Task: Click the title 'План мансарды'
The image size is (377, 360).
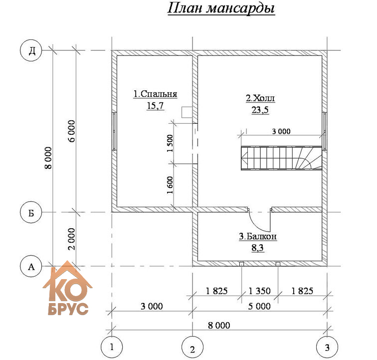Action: pyautogui.click(x=221, y=8)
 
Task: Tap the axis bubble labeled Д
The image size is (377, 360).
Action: pyautogui.click(x=31, y=51)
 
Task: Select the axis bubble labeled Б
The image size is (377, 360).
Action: pyautogui.click(x=31, y=213)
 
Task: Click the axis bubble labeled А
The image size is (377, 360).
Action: pyautogui.click(x=31, y=267)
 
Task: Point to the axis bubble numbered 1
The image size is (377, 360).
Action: pyautogui.click(x=112, y=347)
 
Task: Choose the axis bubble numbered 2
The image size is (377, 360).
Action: pyautogui.click(x=192, y=348)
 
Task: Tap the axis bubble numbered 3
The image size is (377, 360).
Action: pyautogui.click(x=327, y=347)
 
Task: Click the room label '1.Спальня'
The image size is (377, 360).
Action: pyautogui.click(x=155, y=94)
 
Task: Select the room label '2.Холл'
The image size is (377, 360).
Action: pyautogui.click(x=260, y=98)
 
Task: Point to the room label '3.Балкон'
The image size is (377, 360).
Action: pyautogui.click(x=258, y=236)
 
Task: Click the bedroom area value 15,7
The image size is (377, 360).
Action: pyautogui.click(x=155, y=105)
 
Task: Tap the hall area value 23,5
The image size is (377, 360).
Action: pyautogui.click(x=260, y=110)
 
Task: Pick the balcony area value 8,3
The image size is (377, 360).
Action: pyautogui.click(x=257, y=248)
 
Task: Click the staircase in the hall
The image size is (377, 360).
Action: pyautogui.click(x=282, y=158)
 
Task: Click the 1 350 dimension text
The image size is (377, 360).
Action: pyautogui.click(x=260, y=291)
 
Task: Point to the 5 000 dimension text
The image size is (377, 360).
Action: pyautogui.click(x=259, y=306)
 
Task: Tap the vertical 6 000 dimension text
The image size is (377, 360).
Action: pyautogui.click(x=72, y=131)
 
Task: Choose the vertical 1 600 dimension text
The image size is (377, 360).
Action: pyautogui.click(x=170, y=185)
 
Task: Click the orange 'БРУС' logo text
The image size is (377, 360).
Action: pyautogui.click(x=68, y=309)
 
